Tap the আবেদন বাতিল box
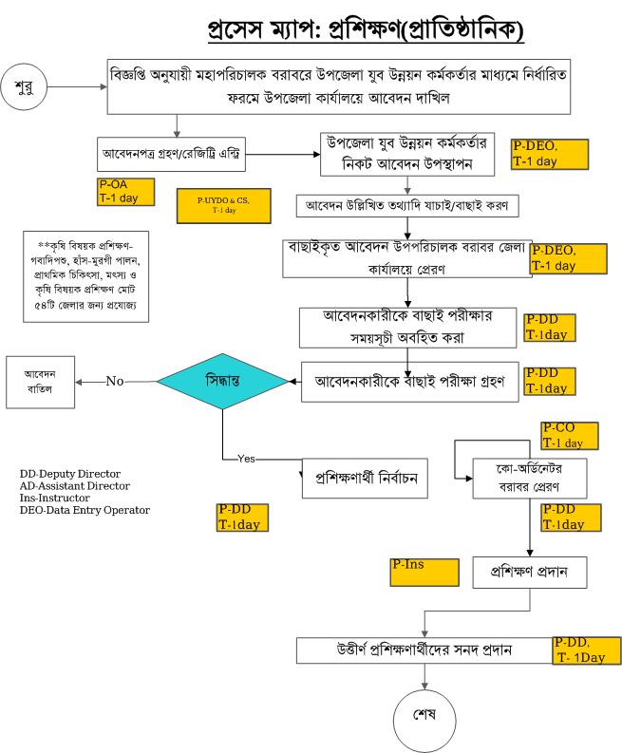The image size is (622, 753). pyautogui.click(x=41, y=382)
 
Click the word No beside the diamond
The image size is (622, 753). pyautogui.click(x=115, y=381)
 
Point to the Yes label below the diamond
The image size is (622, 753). pyautogui.click(x=247, y=458)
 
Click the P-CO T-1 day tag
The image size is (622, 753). pyautogui.click(x=569, y=436)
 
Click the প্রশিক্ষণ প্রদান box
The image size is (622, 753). pyautogui.click(x=527, y=573)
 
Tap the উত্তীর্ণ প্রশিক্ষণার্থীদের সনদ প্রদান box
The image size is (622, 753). pyautogui.click(x=423, y=651)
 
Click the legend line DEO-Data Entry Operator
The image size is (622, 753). pyautogui.click(x=85, y=510)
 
